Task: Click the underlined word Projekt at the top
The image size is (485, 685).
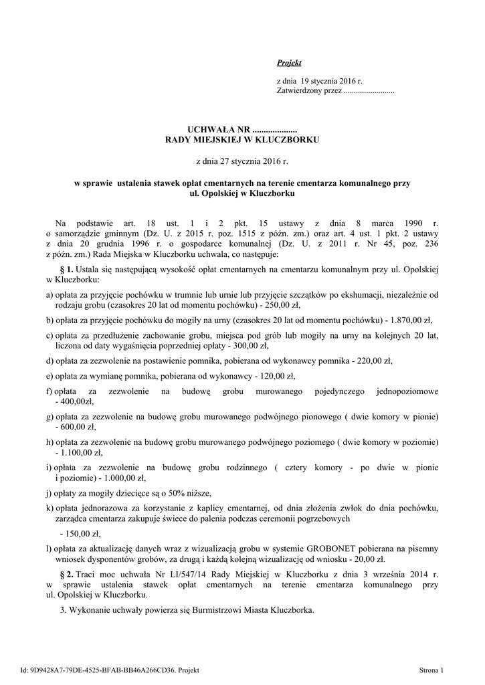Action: tap(289, 63)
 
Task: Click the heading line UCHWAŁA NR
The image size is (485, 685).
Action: tap(242, 128)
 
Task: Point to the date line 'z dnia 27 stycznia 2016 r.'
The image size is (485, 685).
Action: tap(241, 161)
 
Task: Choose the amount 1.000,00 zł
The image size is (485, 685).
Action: tap(122, 478)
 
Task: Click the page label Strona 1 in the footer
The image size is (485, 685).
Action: tap(431, 670)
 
